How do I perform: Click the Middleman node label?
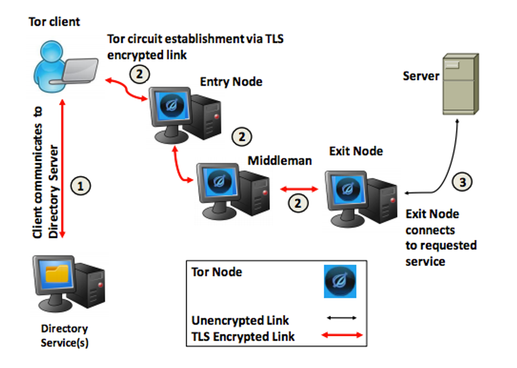coord(280,161)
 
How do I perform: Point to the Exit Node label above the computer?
coord(356,152)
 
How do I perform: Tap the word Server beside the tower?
coord(421,76)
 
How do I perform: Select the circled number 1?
coord(81,186)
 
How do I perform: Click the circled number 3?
coord(463,182)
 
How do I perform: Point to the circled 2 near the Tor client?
coord(139,74)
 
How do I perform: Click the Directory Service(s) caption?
coord(65,336)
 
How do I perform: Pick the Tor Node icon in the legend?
coord(340,281)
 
